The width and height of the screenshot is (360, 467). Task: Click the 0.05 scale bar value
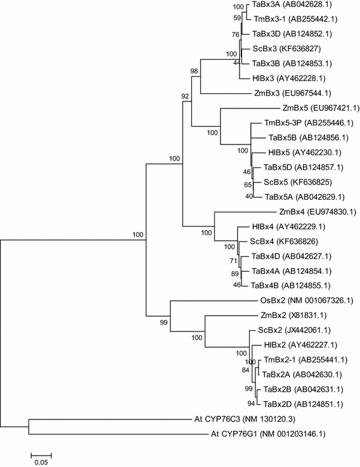(x=41, y=462)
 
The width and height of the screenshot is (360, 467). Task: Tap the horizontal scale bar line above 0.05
(x=41, y=453)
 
